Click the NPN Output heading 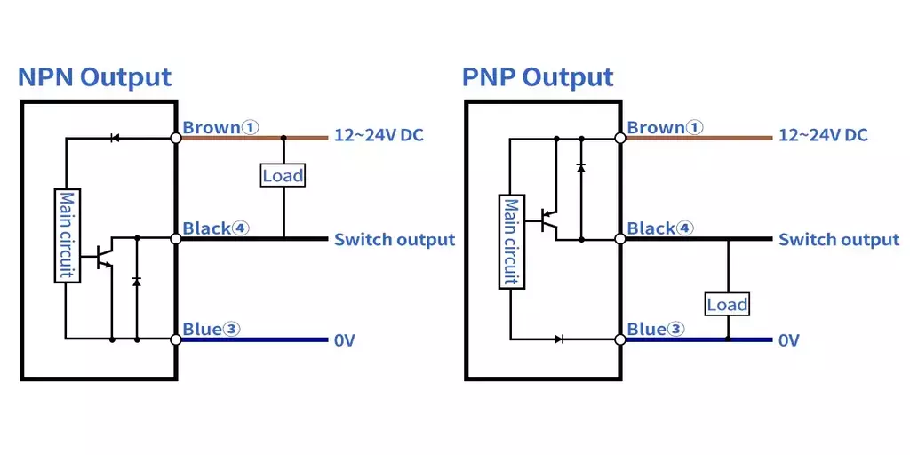94,77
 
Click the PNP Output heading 538,77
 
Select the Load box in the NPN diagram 283,175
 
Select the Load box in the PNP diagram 727,304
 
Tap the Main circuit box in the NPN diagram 68,235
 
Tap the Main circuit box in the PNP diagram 511,242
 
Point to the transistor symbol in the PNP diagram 547,220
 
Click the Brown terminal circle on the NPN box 176,138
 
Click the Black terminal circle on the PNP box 619,238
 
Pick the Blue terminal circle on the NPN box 176,339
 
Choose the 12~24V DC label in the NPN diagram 379,136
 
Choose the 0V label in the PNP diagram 789,340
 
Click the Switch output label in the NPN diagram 395,240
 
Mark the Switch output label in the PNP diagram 839,240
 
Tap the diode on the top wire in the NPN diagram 115,138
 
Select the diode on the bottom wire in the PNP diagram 559,339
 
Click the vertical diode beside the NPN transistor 137,281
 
